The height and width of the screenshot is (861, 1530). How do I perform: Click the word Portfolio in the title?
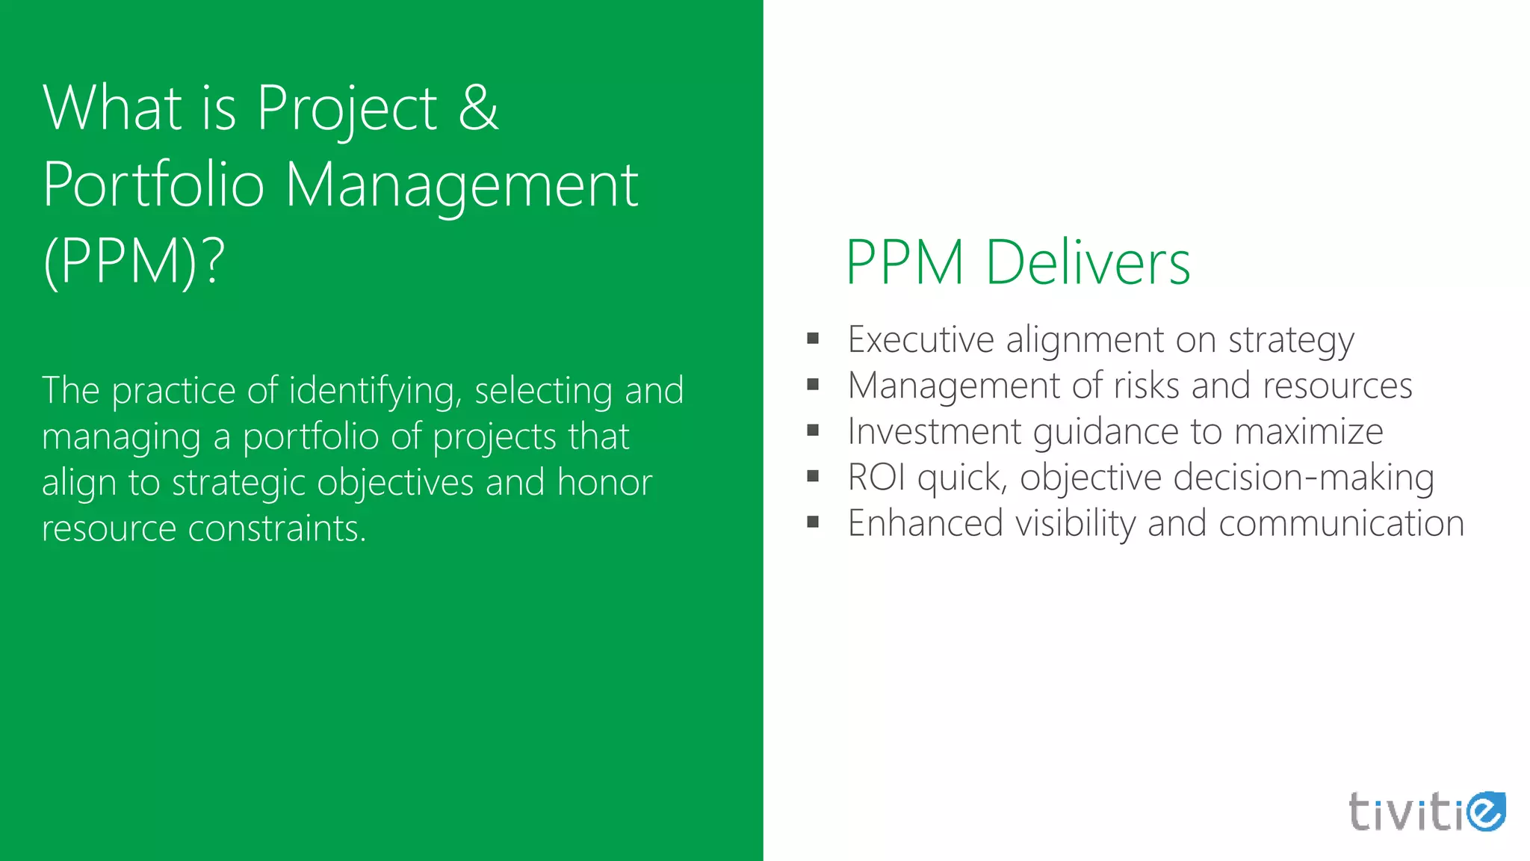pos(154,185)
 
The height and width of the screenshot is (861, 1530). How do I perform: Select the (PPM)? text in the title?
pos(134,262)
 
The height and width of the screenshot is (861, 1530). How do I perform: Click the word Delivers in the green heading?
pos(1088,263)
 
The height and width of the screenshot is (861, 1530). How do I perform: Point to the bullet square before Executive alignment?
pos(814,339)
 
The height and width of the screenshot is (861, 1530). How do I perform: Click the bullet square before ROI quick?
pos(814,477)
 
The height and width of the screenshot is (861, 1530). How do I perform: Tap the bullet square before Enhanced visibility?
pos(814,522)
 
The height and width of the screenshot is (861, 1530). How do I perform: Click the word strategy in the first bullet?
pos(1291,341)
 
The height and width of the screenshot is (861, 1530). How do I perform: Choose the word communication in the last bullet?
pos(1341,523)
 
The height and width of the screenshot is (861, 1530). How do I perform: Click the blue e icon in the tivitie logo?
pos(1485,811)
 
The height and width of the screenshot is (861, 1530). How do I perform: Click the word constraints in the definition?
pos(277,528)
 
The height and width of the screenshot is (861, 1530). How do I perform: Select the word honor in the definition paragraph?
pos(604,483)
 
